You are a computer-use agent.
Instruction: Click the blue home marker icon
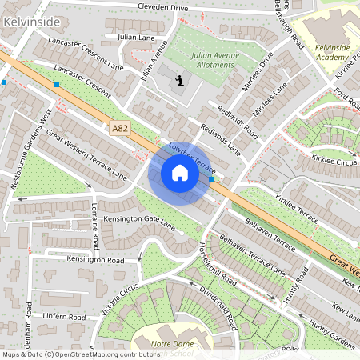coord(180,173)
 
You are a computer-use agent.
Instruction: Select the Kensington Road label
coord(95,261)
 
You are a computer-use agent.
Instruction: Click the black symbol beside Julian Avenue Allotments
coord(180,80)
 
